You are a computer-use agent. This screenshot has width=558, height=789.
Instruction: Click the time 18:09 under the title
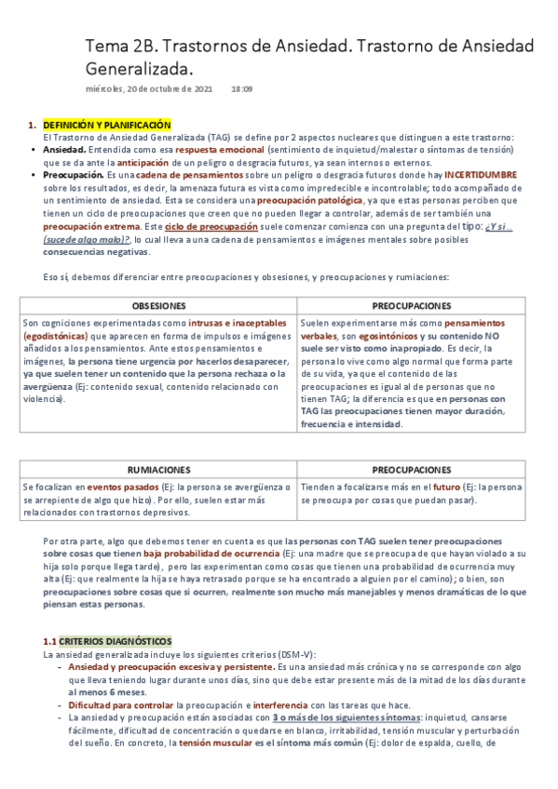[x=241, y=88]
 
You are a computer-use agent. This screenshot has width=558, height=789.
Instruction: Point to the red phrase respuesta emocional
[x=219, y=149]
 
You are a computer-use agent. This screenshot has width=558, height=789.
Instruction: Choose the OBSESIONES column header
[x=157, y=305]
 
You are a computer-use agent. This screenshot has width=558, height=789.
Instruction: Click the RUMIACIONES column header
[x=158, y=470]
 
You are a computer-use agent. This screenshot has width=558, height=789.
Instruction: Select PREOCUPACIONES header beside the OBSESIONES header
[x=412, y=305]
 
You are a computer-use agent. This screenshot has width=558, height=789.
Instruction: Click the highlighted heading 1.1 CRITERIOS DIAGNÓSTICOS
[x=107, y=615]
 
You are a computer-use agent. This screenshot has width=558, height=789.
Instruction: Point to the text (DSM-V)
[x=296, y=628]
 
